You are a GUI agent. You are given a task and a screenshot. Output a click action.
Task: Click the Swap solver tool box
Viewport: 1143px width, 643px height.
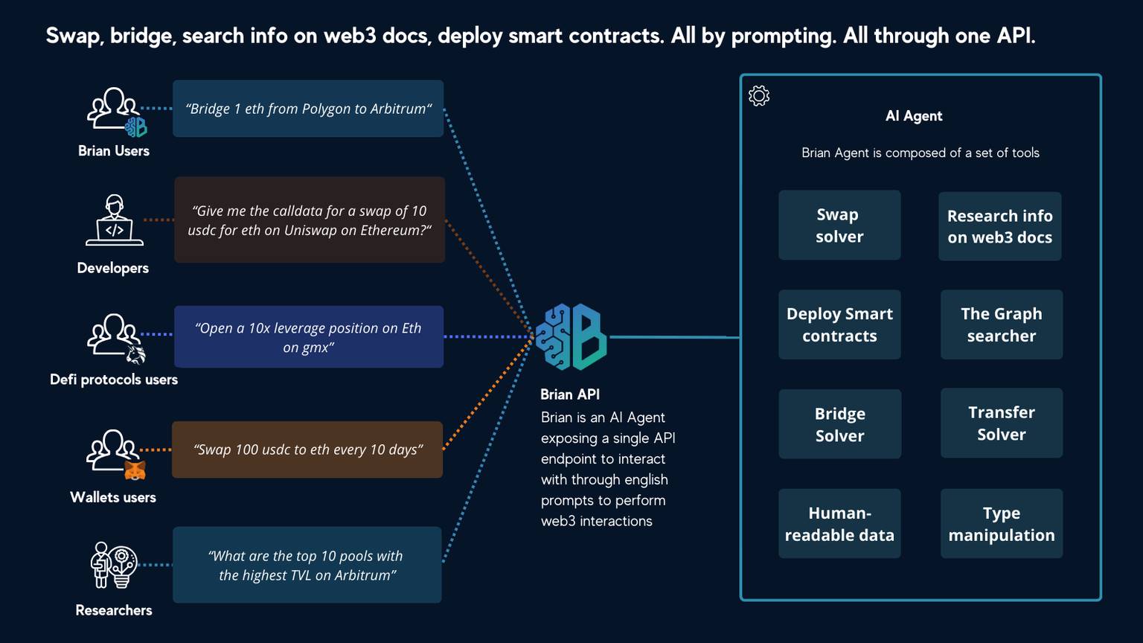[839, 225]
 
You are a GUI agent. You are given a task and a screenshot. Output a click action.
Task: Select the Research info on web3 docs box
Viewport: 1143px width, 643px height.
[999, 226]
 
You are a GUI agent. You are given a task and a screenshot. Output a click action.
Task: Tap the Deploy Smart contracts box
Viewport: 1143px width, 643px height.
[839, 324]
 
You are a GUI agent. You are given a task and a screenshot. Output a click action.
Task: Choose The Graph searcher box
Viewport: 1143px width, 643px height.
[1001, 324]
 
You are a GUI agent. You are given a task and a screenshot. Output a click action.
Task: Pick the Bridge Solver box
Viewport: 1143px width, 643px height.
[839, 424]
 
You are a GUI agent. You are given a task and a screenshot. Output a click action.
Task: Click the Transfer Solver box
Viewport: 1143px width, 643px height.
[1001, 423]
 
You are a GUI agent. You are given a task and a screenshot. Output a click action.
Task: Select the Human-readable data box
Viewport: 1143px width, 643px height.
[839, 523]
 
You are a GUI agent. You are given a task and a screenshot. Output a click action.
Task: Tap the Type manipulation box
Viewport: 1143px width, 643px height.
[1001, 523]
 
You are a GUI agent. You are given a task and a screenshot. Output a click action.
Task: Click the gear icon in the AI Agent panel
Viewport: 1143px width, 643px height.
[759, 96]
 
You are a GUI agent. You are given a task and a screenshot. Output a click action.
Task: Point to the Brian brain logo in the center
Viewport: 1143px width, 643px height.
[571, 337]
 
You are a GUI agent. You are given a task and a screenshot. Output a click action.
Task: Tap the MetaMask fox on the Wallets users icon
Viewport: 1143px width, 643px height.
[135, 470]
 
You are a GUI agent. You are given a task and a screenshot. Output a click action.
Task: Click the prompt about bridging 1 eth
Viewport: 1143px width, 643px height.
[308, 109]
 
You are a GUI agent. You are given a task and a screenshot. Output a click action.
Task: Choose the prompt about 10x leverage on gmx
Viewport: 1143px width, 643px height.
[308, 337]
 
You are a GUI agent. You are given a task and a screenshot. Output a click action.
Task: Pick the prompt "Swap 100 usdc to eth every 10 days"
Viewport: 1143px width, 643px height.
[307, 450]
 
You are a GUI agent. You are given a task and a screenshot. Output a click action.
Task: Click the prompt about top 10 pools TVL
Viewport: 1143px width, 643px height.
[307, 565]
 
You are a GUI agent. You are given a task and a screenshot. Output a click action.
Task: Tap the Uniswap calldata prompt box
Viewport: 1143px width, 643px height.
[309, 220]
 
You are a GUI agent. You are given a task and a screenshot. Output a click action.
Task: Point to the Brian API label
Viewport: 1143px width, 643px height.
[570, 394]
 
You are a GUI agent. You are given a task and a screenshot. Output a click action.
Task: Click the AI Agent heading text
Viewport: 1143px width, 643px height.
[914, 116]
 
